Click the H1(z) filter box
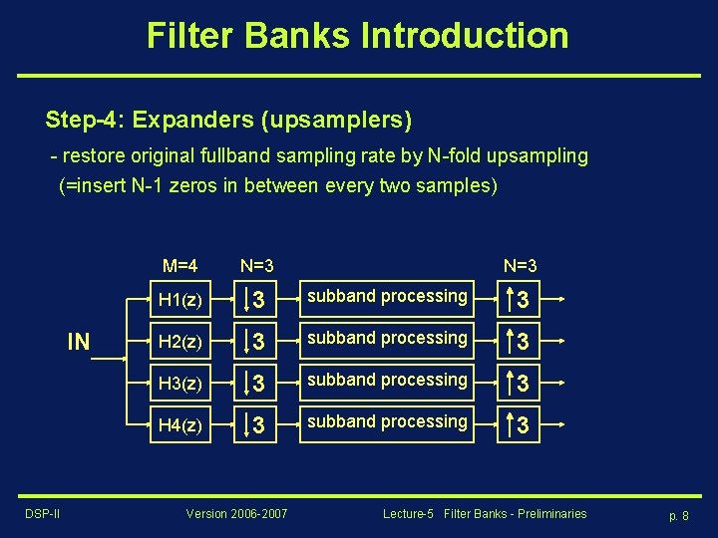[x=179, y=299]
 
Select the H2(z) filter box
[x=179, y=341]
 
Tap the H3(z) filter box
[x=179, y=383]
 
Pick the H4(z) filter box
[x=179, y=424]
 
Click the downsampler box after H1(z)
[x=254, y=299]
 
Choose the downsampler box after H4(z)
[x=254, y=424]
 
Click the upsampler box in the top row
[x=519, y=299]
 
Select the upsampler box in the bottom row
[x=519, y=424]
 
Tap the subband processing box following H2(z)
[x=387, y=339]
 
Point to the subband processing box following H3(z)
[x=387, y=381]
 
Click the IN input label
[x=79, y=343]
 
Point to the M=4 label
[x=179, y=266]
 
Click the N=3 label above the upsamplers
[x=520, y=266]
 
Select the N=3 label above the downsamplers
[x=256, y=266]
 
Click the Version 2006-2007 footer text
[x=236, y=513]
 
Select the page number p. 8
[x=678, y=515]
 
